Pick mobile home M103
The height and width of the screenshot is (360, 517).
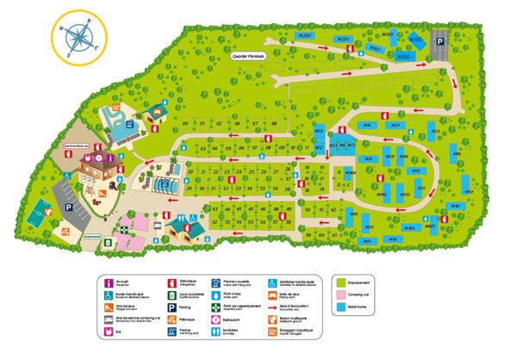pyautogui.click(x=415, y=40)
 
